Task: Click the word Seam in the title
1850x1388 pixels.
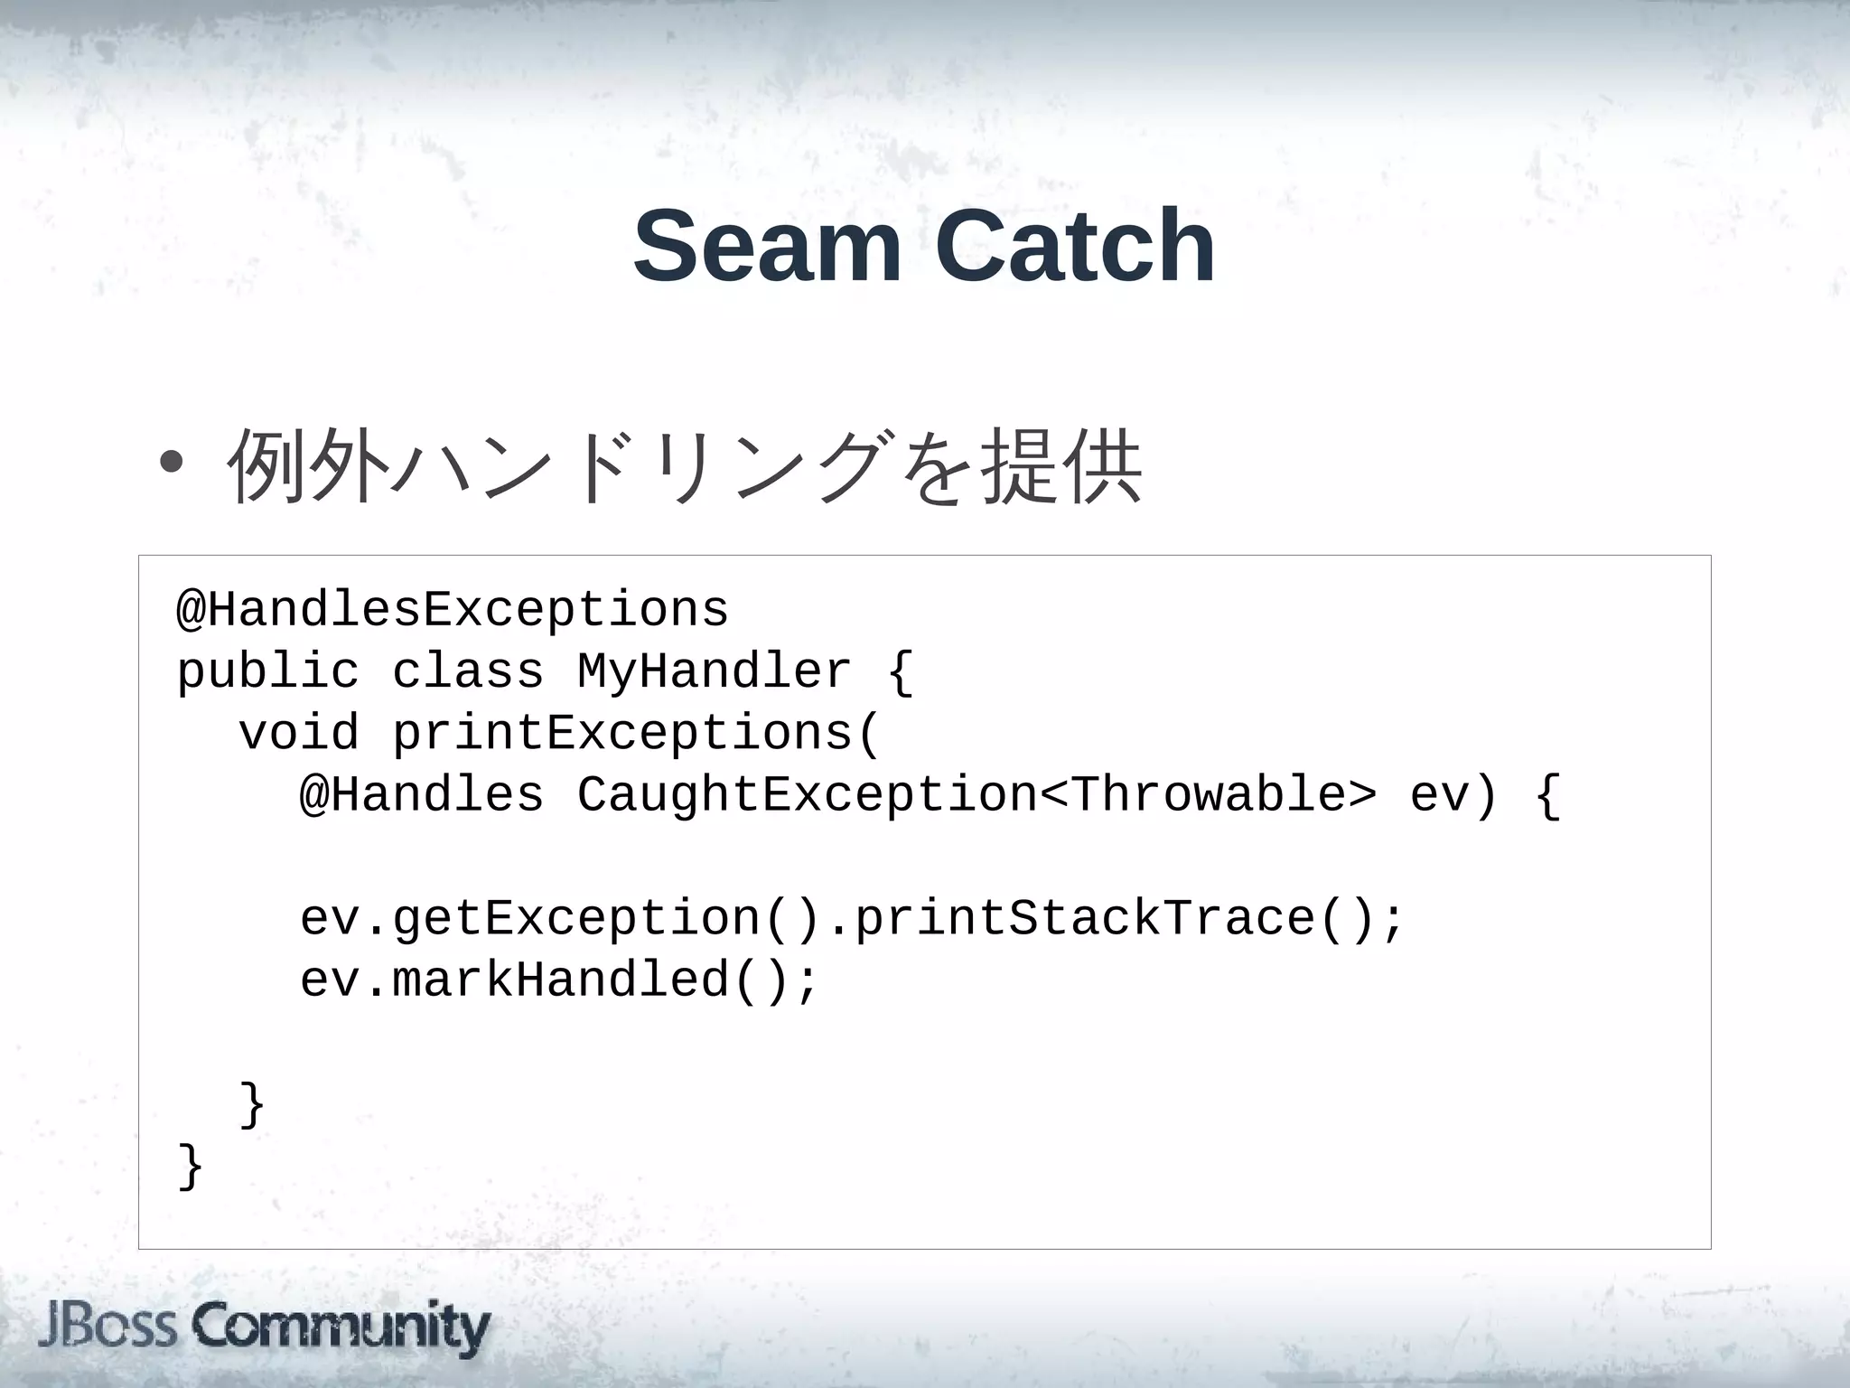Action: click(767, 246)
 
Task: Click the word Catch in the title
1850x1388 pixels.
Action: click(1075, 246)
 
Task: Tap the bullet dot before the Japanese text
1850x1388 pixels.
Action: click(170, 463)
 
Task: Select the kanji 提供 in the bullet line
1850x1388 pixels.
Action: click(1062, 464)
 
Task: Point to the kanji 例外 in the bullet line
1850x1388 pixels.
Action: click(307, 464)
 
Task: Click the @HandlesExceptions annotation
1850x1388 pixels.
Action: click(453, 610)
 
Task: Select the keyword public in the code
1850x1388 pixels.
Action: click(268, 671)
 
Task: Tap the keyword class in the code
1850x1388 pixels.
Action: click(468, 671)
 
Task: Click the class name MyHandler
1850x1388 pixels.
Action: click(714, 671)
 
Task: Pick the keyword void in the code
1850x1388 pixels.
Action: click(299, 733)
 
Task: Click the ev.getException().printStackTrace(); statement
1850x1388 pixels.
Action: click(852, 919)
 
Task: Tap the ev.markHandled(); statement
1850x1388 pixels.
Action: click(559, 980)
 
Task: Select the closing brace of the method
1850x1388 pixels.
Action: click(252, 1104)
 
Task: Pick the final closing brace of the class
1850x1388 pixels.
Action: click(191, 1166)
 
